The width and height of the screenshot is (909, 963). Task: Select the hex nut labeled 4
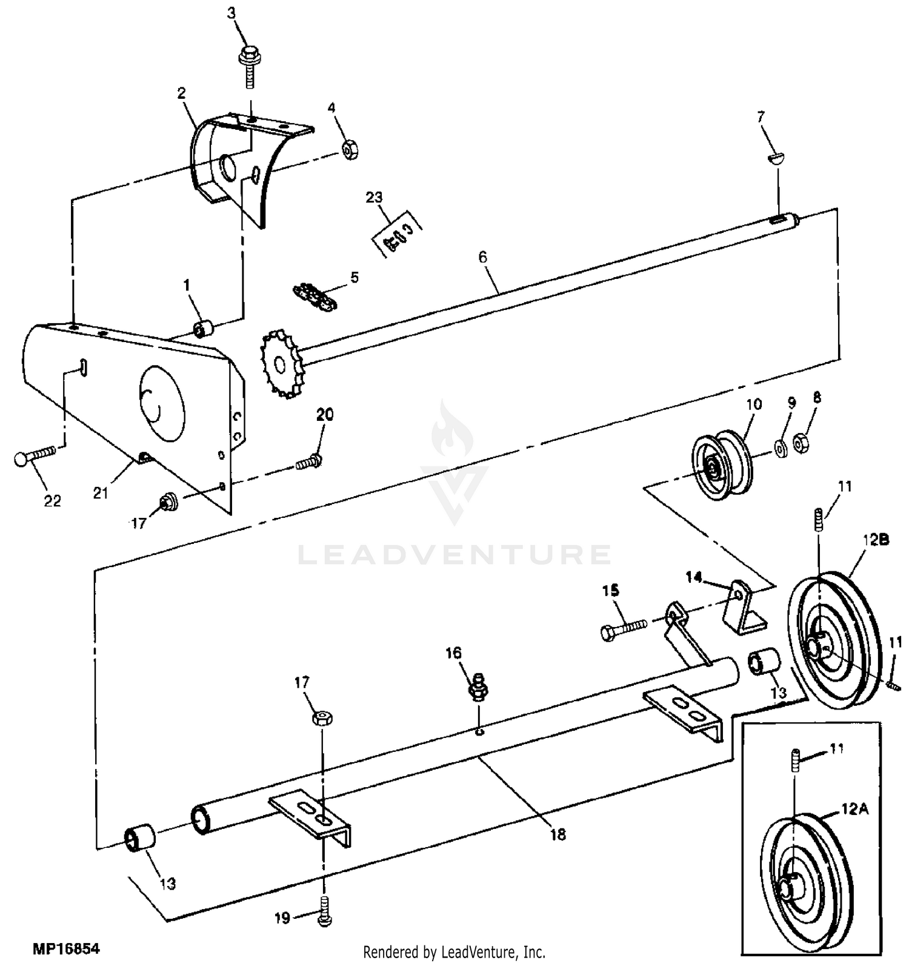point(349,149)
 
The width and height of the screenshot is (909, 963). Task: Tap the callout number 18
point(558,834)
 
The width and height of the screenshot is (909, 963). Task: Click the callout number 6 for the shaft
point(482,257)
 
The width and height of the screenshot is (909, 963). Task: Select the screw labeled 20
point(309,461)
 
